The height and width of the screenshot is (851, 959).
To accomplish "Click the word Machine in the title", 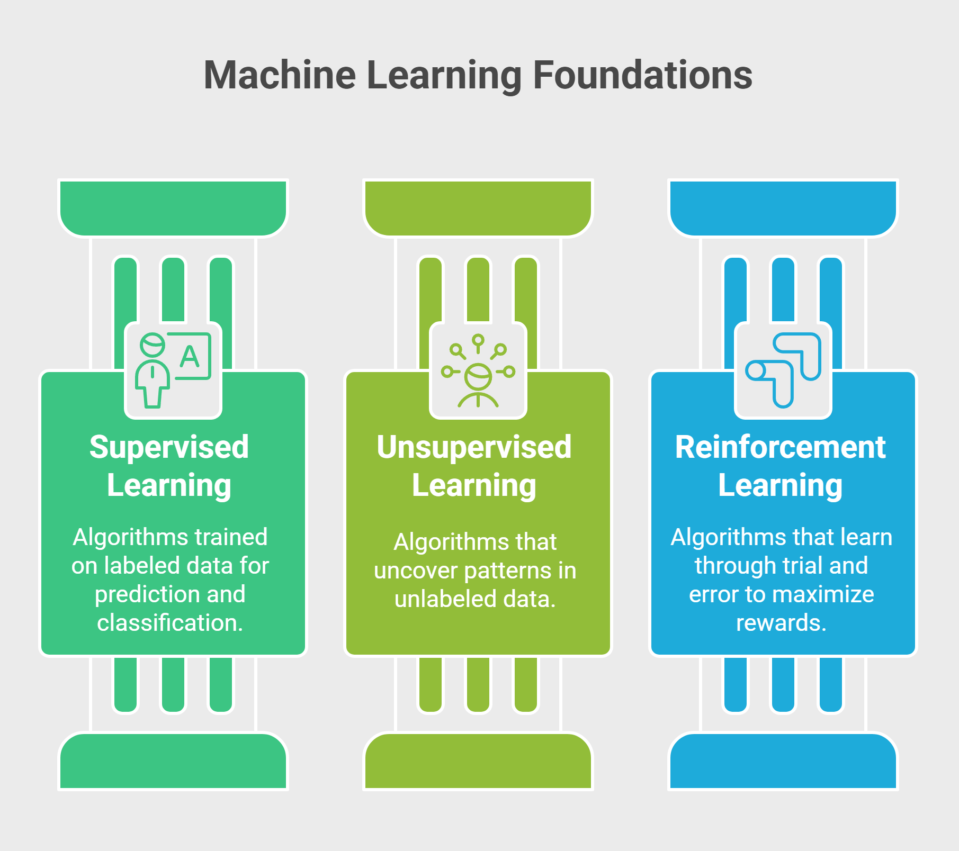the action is [x=280, y=75].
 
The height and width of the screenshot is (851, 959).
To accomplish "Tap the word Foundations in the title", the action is [x=642, y=75].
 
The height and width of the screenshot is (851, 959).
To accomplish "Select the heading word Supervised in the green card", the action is [x=169, y=448].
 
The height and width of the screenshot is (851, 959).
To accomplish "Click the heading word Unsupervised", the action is [x=474, y=448].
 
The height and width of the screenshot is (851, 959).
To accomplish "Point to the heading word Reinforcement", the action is [x=780, y=448].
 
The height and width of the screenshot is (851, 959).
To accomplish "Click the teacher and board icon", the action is [x=173, y=370].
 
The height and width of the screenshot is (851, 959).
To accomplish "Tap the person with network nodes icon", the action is [x=478, y=370].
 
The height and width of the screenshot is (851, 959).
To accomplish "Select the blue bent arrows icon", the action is [x=783, y=370].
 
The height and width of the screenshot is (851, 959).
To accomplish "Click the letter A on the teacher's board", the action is [x=190, y=356].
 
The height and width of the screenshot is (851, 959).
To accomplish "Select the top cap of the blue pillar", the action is [x=783, y=208].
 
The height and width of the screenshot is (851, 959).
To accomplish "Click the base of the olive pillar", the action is [x=478, y=761].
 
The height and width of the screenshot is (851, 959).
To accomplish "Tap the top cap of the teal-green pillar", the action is [x=173, y=208].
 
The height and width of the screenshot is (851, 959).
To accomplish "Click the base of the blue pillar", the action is [x=783, y=761].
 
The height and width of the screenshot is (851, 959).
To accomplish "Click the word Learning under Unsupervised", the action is [x=474, y=486].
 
